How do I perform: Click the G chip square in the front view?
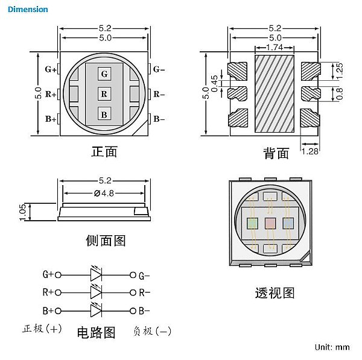coord(104,74)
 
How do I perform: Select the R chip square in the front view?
coord(104,94)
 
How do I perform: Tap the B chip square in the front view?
coord(104,114)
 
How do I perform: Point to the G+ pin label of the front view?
coord(51,69)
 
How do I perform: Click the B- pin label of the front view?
coord(159,119)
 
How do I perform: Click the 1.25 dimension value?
coord(339,68)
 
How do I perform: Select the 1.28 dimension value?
coord(310,151)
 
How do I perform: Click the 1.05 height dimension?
coord(23,212)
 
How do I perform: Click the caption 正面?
coord(104,151)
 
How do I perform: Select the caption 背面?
coord(276,153)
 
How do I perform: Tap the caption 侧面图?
coord(106,241)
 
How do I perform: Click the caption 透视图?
coord(275,293)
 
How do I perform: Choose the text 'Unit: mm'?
coord(332,347)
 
